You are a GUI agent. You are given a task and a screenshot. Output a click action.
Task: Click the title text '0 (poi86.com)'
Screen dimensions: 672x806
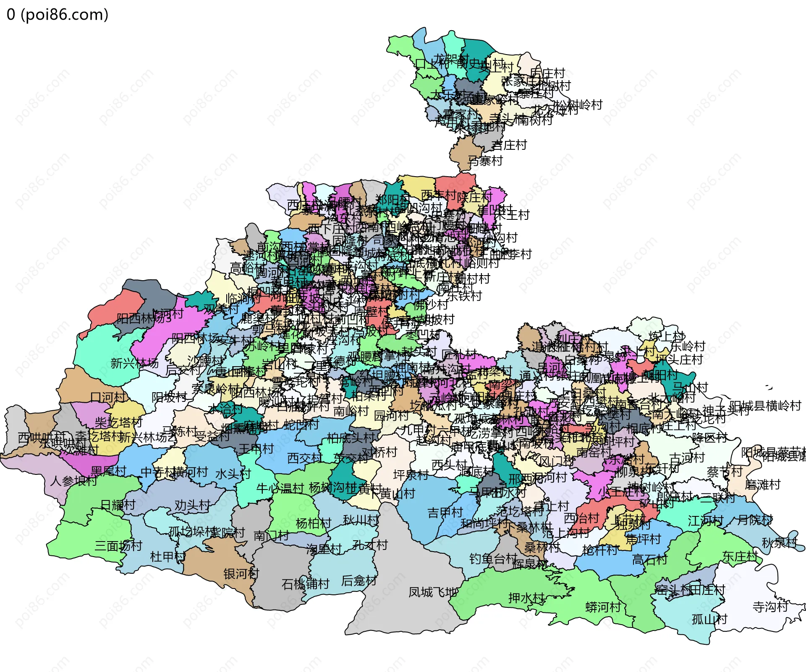tap(58, 15)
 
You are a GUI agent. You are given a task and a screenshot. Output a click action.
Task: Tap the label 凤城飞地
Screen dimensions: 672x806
tap(433, 592)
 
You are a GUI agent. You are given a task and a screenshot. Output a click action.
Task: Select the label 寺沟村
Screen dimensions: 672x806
tap(770, 607)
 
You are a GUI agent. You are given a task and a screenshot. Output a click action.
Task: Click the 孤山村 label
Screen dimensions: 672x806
tap(709, 619)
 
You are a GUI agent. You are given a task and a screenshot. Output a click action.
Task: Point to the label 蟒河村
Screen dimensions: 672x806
tap(603, 607)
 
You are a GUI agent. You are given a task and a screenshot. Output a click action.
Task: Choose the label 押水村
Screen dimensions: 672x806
tap(526, 598)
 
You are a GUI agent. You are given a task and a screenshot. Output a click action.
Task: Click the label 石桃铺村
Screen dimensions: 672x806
tap(305, 584)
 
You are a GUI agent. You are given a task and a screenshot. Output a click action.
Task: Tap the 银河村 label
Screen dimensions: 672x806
tap(241, 573)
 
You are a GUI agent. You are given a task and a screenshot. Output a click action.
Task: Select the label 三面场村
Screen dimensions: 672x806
tap(118, 546)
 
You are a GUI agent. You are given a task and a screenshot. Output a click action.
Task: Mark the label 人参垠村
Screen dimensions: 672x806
tap(73, 481)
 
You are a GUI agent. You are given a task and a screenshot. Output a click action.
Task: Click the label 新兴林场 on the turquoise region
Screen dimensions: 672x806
tap(134, 363)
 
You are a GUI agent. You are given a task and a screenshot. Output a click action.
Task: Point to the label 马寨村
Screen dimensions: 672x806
tap(485, 161)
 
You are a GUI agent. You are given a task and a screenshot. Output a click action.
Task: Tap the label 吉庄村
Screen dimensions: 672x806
tap(509, 145)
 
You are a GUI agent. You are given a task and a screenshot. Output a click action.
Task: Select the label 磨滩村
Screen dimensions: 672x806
tap(762, 485)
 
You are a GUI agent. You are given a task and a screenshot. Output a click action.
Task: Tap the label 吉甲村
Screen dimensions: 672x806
tap(445, 513)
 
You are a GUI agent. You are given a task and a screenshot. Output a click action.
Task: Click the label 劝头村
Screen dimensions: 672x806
tap(192, 505)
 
